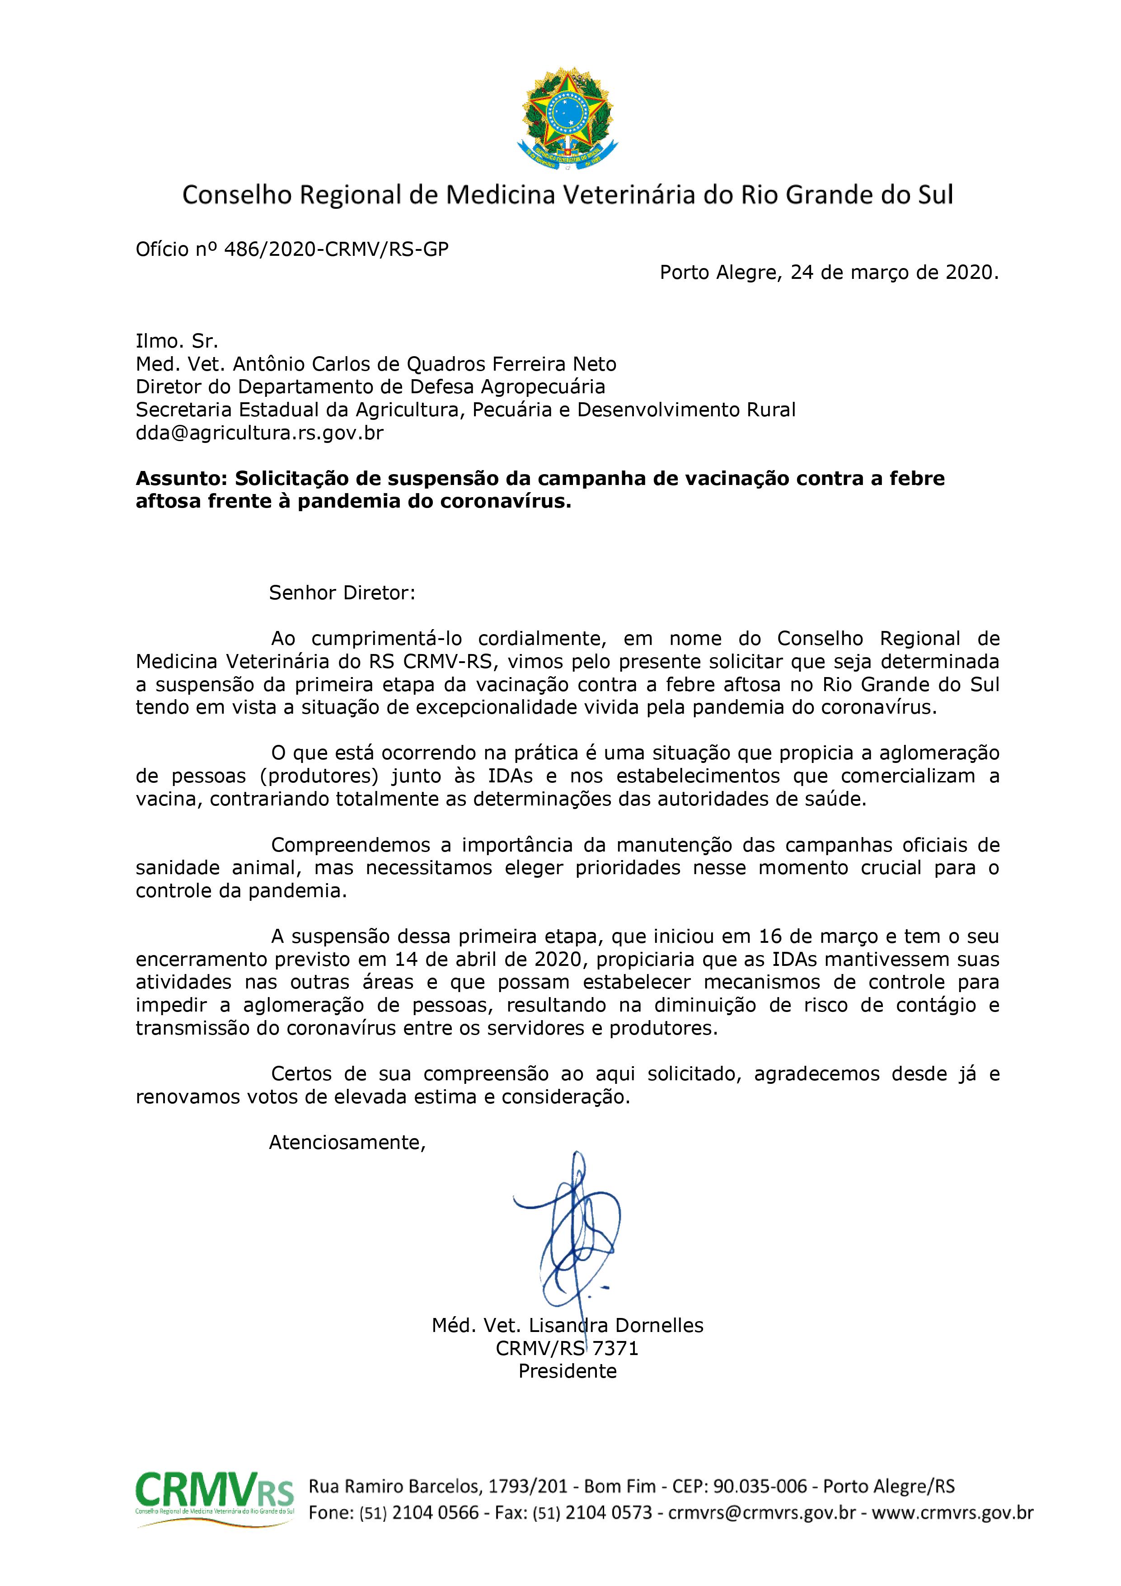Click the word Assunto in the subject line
click(181, 479)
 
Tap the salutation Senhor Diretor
click(342, 593)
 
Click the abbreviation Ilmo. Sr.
click(177, 341)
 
